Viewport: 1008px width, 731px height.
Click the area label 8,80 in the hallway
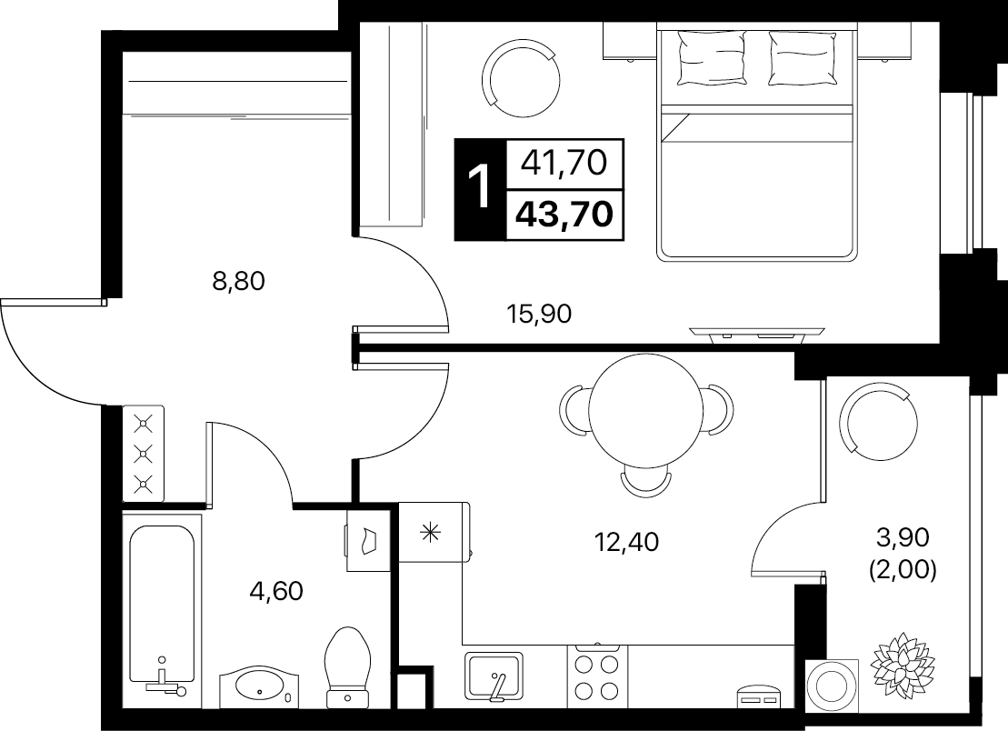pos(238,281)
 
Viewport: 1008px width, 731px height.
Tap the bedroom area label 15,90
pos(539,314)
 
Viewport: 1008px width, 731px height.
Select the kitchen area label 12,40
pos(626,542)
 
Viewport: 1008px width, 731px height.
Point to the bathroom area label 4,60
pos(275,590)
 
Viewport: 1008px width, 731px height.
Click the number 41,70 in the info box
pos(564,163)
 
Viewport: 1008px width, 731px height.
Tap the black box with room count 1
pos(480,190)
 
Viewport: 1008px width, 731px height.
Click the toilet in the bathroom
pos(349,667)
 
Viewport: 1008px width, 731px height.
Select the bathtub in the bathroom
pos(162,611)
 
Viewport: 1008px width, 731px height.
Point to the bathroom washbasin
pos(260,686)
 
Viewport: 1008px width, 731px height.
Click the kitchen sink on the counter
pos(494,676)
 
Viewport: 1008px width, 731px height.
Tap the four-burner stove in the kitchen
pos(597,675)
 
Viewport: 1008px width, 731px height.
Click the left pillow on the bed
pos(712,58)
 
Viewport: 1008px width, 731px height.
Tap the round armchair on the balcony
pos(883,422)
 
